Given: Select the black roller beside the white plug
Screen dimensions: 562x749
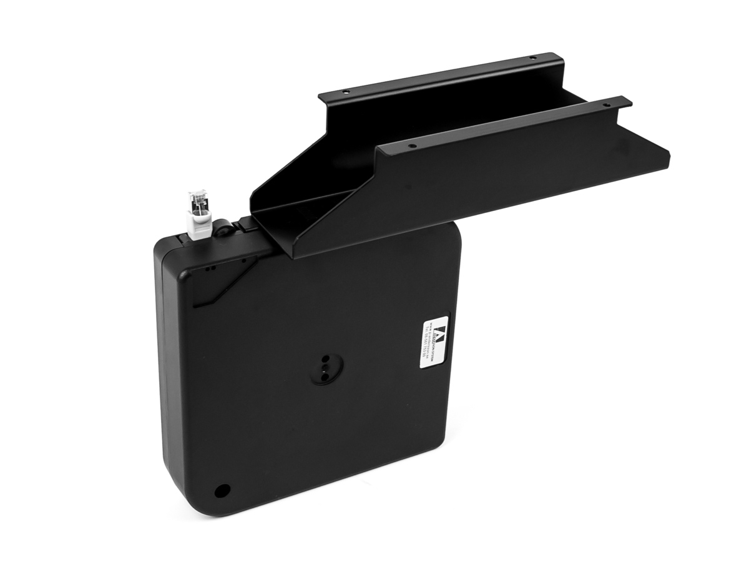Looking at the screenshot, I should point(223,230).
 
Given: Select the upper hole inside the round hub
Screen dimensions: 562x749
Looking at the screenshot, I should point(325,360).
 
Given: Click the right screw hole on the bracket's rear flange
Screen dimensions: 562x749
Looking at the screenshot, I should point(532,57).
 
